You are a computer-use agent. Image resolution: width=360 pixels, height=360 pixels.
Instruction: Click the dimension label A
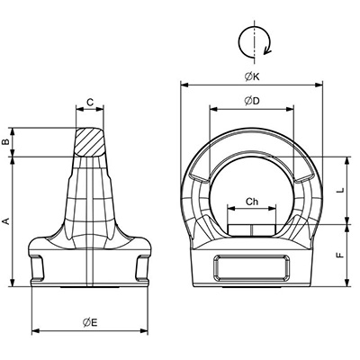pos(6,221)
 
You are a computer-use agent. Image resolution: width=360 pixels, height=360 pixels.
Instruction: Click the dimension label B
pos(6,142)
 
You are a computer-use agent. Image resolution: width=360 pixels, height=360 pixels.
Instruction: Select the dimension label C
pos(90,103)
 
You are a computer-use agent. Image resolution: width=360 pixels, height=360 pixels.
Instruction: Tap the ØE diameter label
pos(90,322)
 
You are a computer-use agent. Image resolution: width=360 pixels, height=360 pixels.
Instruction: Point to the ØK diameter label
pos(252,76)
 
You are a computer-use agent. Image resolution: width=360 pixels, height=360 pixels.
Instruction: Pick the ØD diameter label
pos(252,101)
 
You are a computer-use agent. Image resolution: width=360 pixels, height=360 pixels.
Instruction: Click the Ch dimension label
pos(252,202)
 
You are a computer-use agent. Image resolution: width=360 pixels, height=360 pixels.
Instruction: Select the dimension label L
pos(340,190)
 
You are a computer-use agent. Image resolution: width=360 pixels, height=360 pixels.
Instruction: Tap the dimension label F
pos(340,255)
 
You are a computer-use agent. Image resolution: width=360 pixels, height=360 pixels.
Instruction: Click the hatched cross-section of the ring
pos(90,141)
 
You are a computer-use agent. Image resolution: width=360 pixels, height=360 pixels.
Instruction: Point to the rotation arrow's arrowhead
pos(267,51)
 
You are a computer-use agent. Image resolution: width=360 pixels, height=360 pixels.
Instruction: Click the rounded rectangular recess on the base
pos(252,267)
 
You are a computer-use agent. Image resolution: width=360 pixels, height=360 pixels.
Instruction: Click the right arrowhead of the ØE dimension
pos(144,331)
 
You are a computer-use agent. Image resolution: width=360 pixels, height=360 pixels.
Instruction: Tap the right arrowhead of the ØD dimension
pos(290,109)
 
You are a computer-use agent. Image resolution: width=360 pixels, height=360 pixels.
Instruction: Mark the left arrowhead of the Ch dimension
pos(231,208)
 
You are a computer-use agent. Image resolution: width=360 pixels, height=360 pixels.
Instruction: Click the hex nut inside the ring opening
pos(252,229)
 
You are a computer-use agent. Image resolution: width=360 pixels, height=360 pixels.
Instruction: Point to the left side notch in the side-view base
pos(38,267)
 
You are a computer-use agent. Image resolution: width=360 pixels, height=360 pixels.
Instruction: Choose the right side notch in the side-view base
pos(142,267)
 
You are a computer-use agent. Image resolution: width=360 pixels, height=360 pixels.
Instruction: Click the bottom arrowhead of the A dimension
pos(13,283)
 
